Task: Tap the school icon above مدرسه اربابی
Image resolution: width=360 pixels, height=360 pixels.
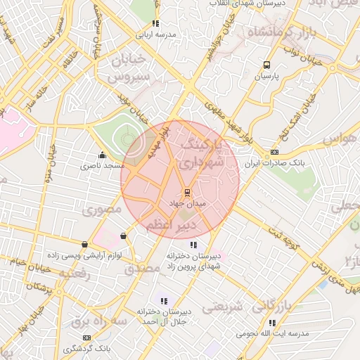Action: point(155,23)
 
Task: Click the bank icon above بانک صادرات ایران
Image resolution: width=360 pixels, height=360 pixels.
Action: point(274,152)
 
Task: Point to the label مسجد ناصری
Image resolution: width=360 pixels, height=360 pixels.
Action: point(101,166)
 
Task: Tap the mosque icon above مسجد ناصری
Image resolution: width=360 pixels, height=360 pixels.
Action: point(103,155)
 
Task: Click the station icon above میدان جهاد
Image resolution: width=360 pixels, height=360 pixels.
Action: point(187,192)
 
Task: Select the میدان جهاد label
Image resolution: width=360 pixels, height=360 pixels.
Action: point(186,202)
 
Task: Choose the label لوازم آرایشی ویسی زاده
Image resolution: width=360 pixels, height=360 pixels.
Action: point(85,255)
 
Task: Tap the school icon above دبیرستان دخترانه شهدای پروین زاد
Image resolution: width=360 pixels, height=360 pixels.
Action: point(193,245)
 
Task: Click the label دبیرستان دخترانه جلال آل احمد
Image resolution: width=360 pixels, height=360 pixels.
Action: point(163,316)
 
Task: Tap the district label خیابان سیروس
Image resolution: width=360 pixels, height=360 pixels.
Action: point(131,67)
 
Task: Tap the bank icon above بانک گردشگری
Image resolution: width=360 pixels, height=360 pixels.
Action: point(86,338)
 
